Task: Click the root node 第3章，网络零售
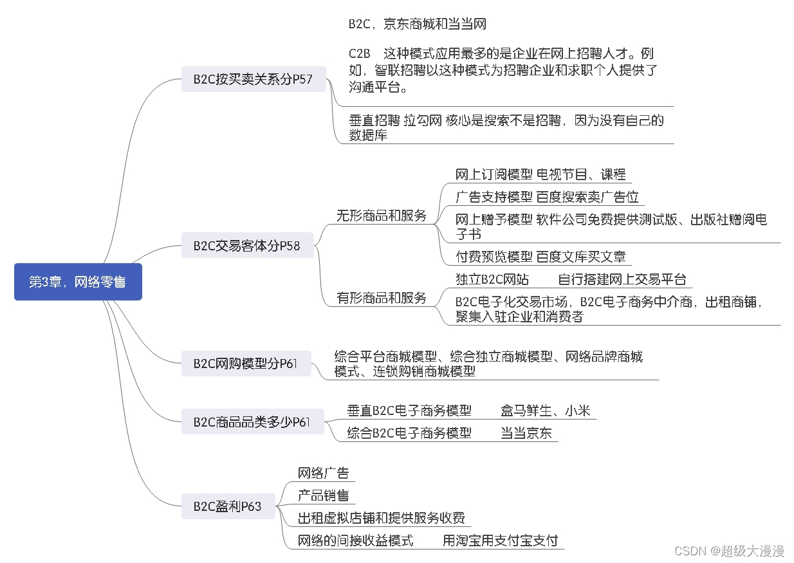tap(78, 282)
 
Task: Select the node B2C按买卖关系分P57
tap(253, 79)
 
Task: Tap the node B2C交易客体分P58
tap(247, 245)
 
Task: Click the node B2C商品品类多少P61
tap(252, 422)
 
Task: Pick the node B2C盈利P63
tap(228, 506)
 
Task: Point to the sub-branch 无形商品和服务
tap(382, 216)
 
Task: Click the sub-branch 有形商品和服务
tap(382, 298)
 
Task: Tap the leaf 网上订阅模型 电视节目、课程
tap(540, 174)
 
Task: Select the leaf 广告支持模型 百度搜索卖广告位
tap(547, 197)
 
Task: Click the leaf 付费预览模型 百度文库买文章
tap(540, 257)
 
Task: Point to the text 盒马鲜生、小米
tap(546, 411)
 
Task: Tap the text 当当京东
tap(526, 433)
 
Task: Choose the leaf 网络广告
tap(324, 474)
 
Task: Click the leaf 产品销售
tap(324, 495)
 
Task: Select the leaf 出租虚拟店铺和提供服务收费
tap(381, 518)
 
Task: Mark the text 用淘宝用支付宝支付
tap(501, 540)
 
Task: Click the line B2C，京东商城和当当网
tap(417, 24)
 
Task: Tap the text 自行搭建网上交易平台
tap(622, 279)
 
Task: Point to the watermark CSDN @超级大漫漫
tap(729, 551)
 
